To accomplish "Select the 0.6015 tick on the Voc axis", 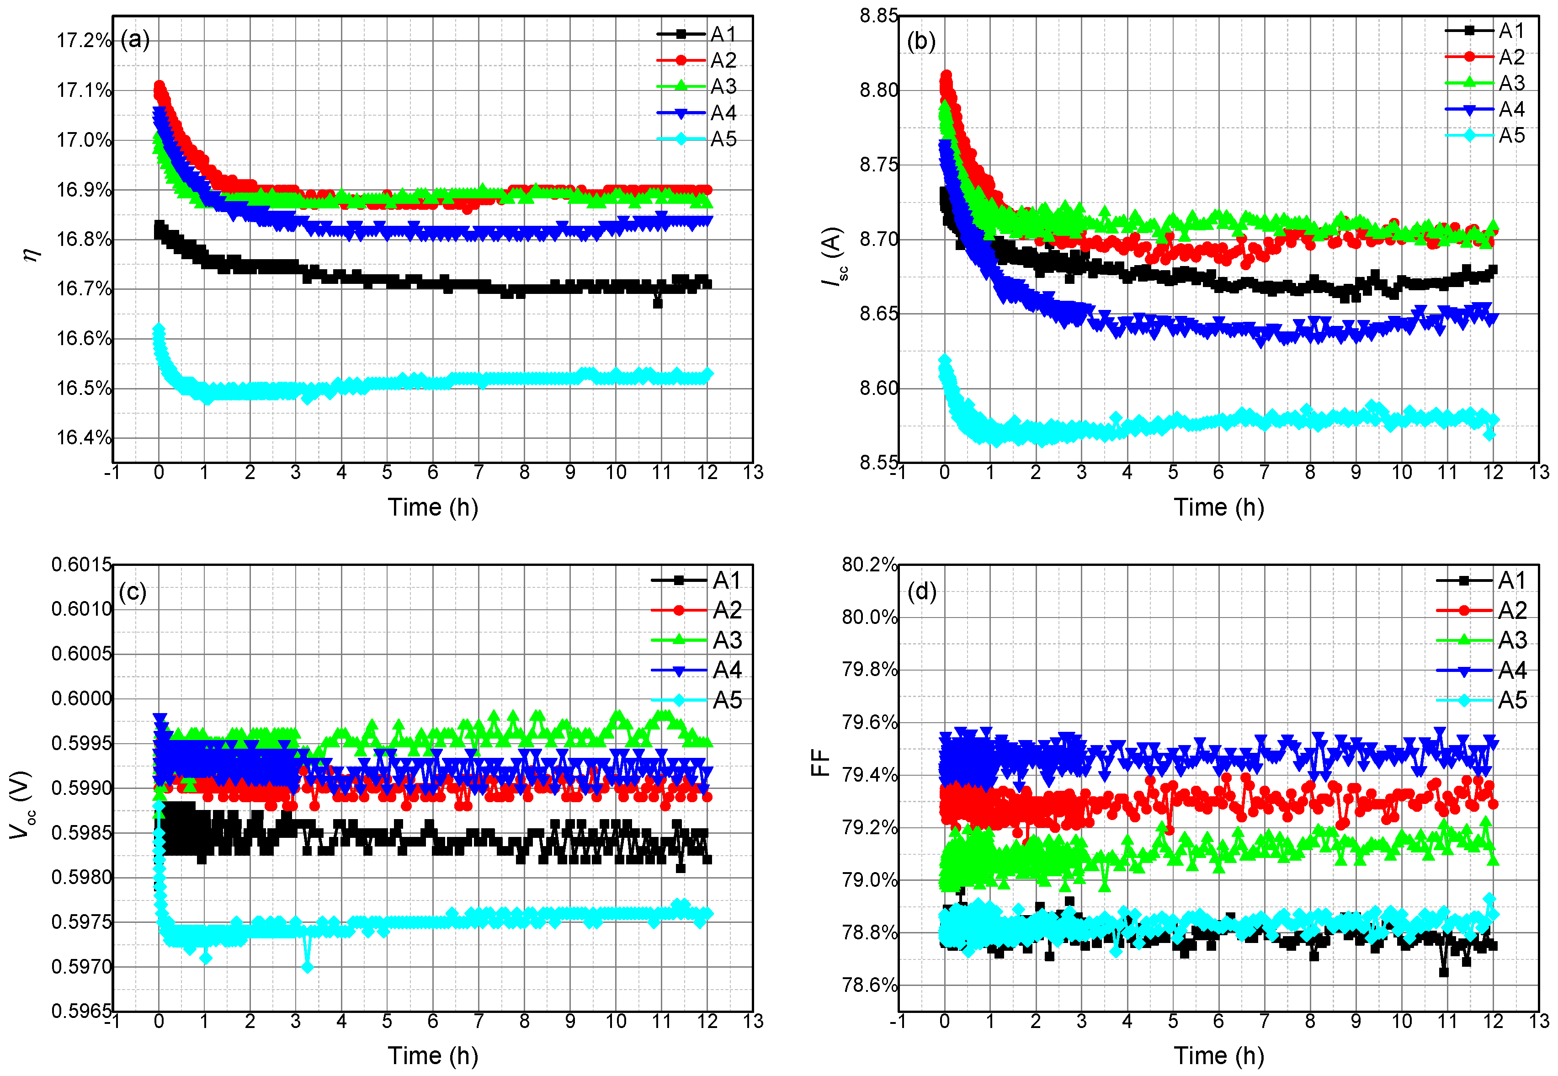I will click(x=81, y=565).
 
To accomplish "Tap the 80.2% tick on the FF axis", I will click(x=869, y=565).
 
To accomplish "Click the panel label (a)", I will click(x=135, y=40).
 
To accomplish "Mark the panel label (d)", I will click(x=921, y=591).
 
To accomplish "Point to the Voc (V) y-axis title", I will click(x=21, y=804).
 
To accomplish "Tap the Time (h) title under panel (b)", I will click(x=1218, y=507).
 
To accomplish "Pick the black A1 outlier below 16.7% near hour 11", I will click(x=658, y=304).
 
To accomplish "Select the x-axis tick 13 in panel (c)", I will click(x=753, y=1022).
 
